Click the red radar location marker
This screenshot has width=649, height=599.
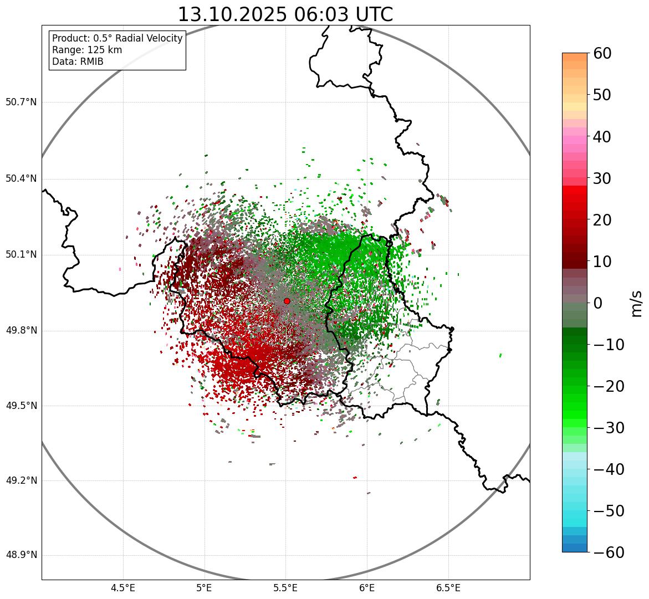(287, 301)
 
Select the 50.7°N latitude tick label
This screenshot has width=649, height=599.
(21, 102)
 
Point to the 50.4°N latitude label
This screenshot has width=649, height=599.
(21, 178)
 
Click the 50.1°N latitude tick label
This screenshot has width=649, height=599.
(21, 255)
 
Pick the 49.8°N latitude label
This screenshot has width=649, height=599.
(21, 331)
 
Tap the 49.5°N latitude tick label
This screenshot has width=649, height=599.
(21, 406)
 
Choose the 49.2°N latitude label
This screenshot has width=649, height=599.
(21, 480)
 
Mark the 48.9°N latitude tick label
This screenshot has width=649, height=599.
(21, 555)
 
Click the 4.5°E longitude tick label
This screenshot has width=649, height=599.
(123, 588)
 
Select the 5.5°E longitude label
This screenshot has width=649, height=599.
(285, 588)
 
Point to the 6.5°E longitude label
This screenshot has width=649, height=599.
(448, 588)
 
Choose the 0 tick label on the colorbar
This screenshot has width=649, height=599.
(598, 303)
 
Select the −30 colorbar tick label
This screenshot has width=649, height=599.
(609, 428)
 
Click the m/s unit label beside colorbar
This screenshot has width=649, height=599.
(636, 303)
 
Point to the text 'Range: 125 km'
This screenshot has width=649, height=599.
(87, 50)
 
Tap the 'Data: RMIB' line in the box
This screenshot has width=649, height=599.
(78, 62)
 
